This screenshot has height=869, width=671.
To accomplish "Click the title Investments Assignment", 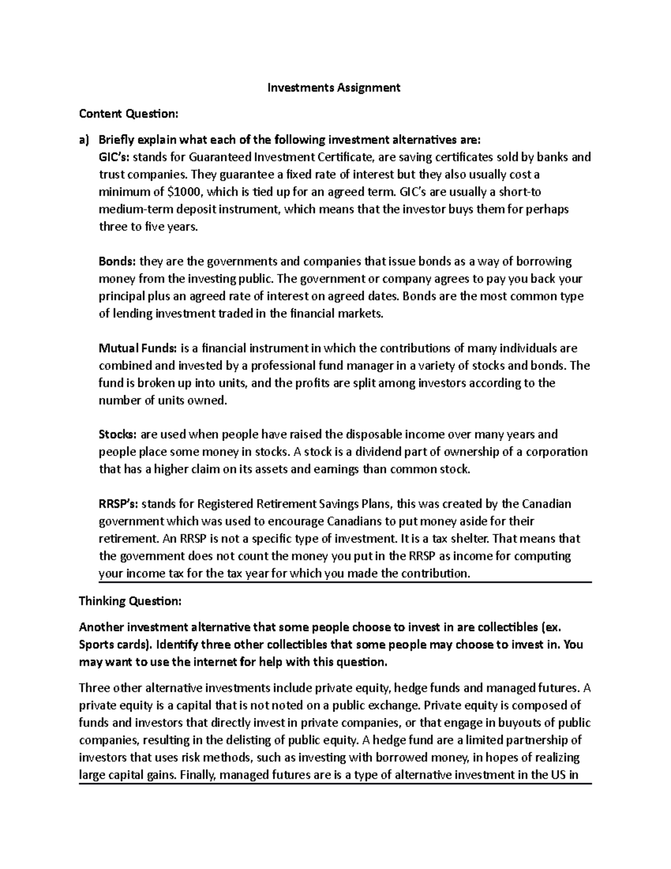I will pos(334,88).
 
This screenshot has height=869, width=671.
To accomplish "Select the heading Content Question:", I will pos(129,114).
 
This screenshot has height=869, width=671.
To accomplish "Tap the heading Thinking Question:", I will pos(130,601).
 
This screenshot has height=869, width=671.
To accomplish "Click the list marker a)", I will pos(84,139).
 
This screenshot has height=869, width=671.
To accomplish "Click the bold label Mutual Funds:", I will pos(138,349).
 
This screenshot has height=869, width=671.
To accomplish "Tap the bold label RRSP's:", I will pos(119,504).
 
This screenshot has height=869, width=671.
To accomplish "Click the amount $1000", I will pos(187,192).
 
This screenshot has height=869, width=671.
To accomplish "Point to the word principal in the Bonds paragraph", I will pos(121,296).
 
